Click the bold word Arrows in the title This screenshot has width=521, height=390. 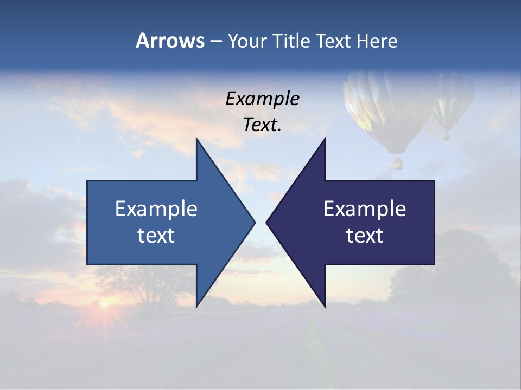pos(170,41)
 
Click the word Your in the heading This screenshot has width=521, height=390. pos(246,41)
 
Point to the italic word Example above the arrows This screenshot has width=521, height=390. pos(262,99)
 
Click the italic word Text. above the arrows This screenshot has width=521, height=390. pos(262,125)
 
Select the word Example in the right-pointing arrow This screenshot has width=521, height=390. pos(156,209)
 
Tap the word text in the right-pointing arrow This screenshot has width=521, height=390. pos(156,236)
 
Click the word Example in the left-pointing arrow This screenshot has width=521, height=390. pos(365,209)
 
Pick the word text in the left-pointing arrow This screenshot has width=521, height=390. pos(365,236)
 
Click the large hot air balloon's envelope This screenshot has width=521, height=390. pos(388,108)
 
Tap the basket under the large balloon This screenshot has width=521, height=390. pos(398,162)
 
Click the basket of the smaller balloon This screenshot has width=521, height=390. pos(447,136)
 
